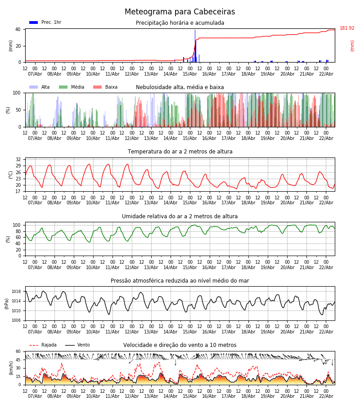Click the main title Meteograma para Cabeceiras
point(180,12)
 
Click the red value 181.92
point(347,28)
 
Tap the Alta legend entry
point(45,87)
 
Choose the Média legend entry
point(77,87)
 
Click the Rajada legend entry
point(49,345)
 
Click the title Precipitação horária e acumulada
point(180,23)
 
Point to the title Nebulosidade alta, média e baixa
point(180,87)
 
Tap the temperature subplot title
point(180,152)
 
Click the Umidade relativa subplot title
point(180,216)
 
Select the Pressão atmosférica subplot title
point(180,281)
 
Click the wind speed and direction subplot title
point(180,345)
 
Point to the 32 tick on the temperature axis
point(18,160)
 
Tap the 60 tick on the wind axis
point(18,351)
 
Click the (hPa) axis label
point(7,303)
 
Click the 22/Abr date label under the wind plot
point(326,396)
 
